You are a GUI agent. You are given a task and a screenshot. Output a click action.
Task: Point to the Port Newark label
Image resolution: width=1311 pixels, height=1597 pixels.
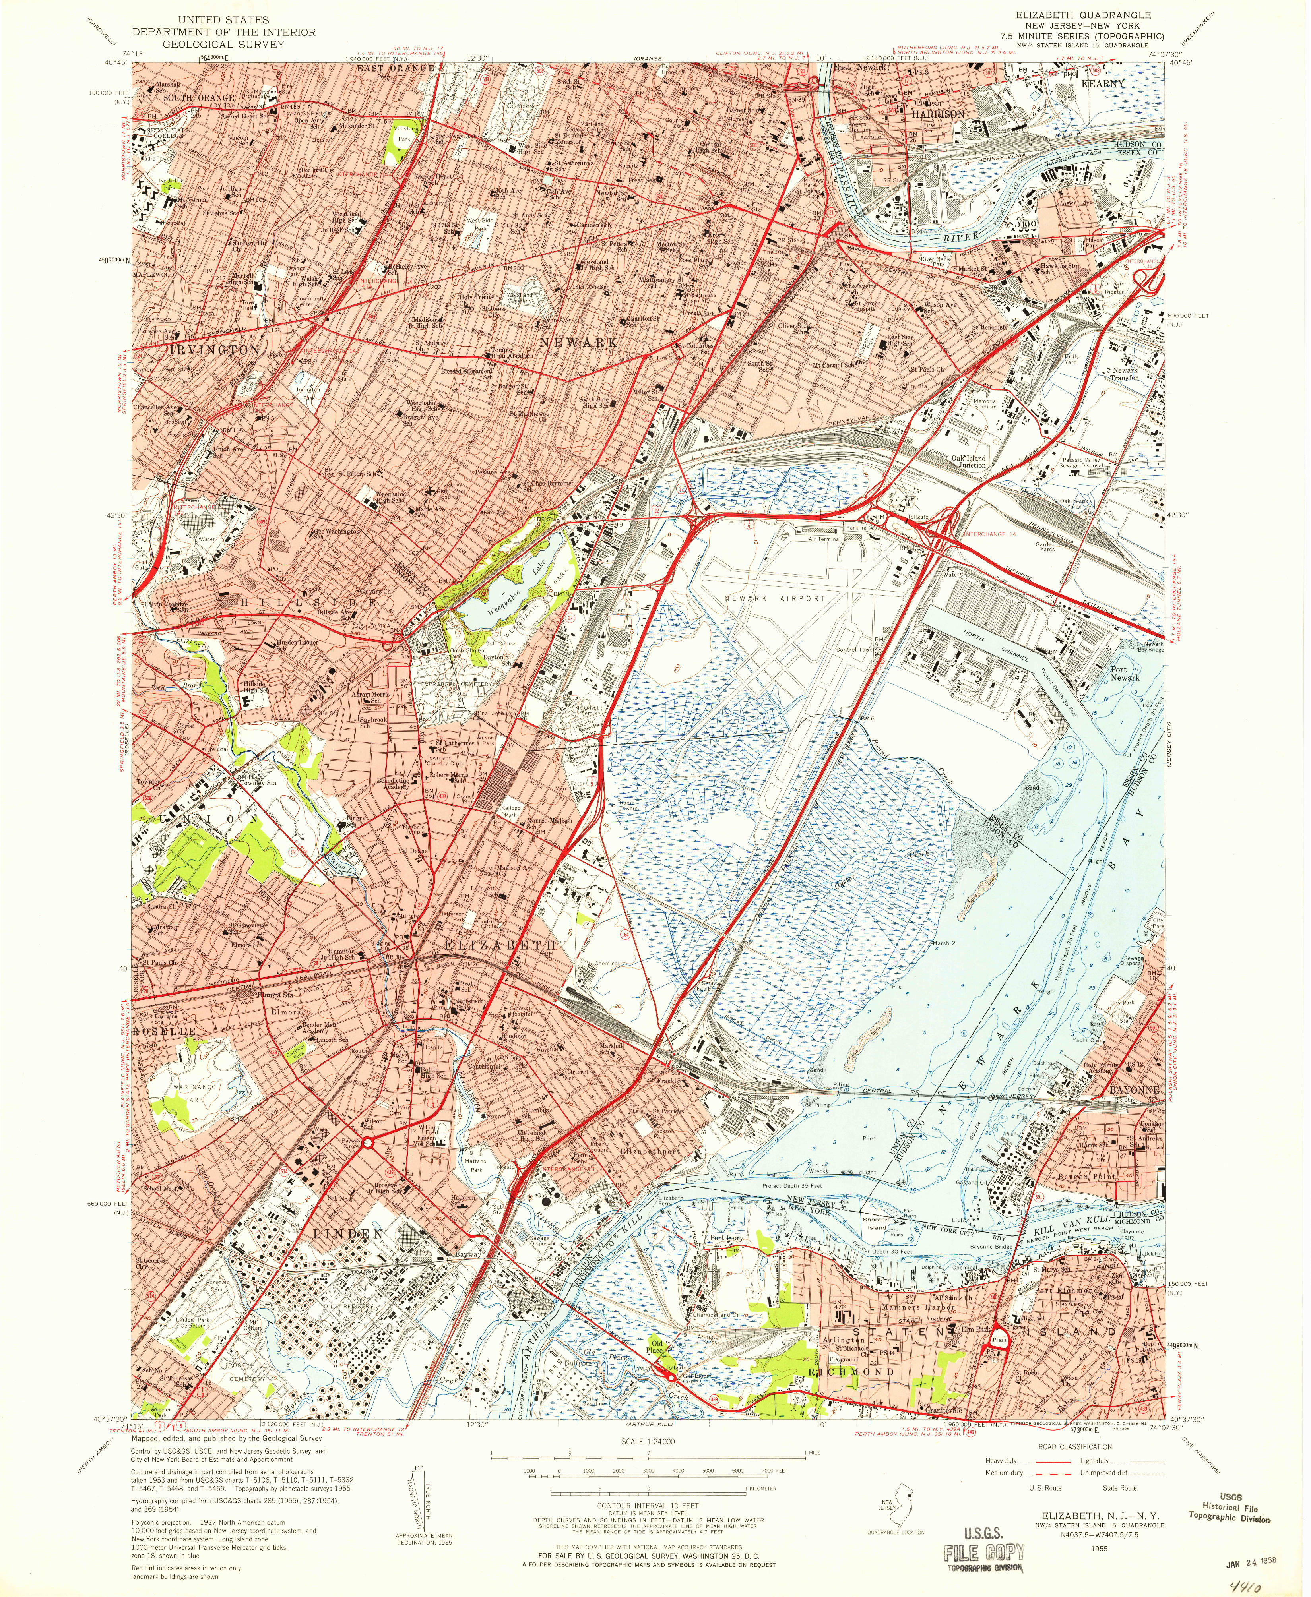click(1125, 673)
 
